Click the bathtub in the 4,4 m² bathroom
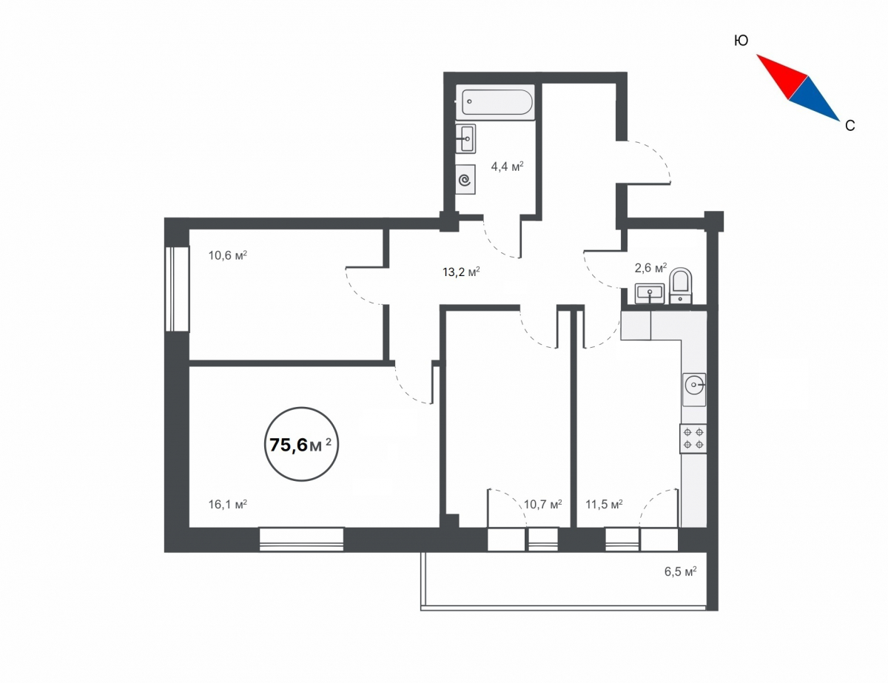coord(495,103)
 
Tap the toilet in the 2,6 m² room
coord(680,286)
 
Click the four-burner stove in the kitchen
coord(693,438)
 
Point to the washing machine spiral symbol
coord(465,180)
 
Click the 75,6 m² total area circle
coord(302,444)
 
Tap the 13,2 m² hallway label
coord(461,272)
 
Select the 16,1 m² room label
coord(228,505)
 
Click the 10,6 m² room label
coord(228,256)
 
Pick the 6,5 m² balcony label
coord(680,571)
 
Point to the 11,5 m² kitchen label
coord(604,505)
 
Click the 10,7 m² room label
coord(542,505)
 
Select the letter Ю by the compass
coord(741,41)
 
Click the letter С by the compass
coord(850,126)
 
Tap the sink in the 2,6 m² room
coord(649,293)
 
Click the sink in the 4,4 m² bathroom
coord(465,139)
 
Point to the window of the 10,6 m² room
coord(178,289)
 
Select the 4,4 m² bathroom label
coord(507,166)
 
